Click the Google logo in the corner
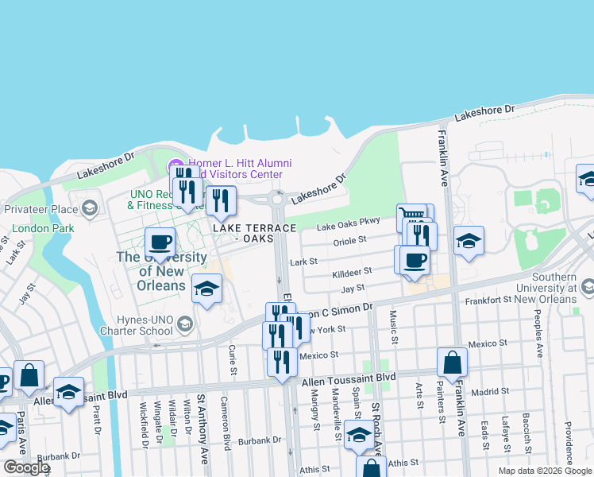click(x=26, y=467)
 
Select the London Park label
click(x=32, y=227)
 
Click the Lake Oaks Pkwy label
click(x=349, y=226)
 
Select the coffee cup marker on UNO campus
click(x=160, y=242)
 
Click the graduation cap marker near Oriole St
click(x=469, y=242)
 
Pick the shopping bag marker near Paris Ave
click(x=29, y=375)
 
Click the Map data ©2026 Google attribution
click(x=546, y=471)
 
